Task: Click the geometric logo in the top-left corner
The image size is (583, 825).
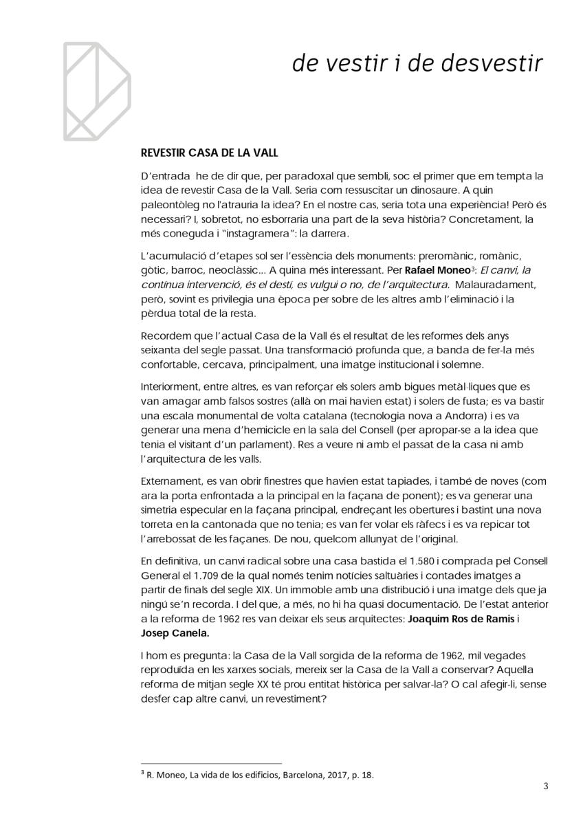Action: pos(96,90)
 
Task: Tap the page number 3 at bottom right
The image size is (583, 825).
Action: pos(544,786)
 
